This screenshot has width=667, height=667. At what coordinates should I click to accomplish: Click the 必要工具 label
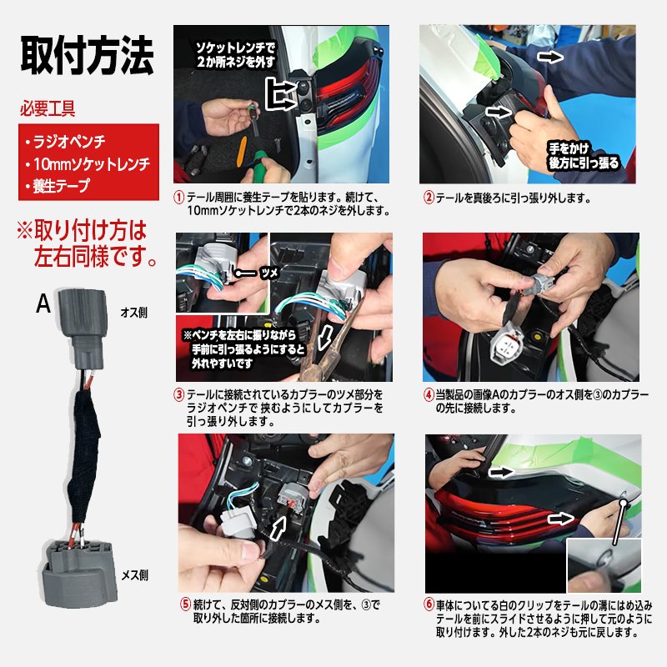click(48, 108)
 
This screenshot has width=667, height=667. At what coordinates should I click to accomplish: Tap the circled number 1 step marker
click(178, 198)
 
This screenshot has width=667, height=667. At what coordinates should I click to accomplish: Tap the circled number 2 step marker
click(429, 198)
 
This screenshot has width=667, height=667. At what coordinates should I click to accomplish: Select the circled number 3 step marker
click(178, 394)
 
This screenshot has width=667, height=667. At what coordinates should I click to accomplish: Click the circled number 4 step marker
click(429, 394)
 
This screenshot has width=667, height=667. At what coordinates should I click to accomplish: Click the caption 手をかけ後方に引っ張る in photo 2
click(583, 155)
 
